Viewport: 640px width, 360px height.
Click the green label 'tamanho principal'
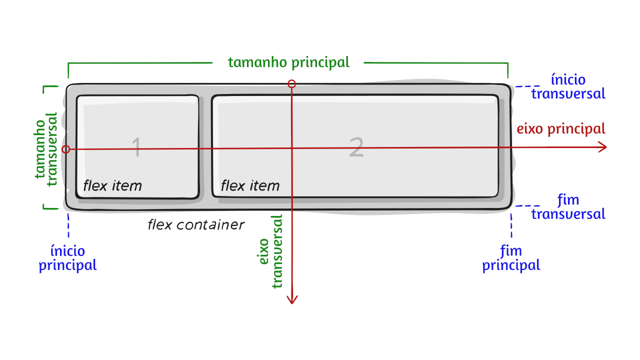tap(288, 62)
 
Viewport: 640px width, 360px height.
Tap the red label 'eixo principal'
tap(560, 129)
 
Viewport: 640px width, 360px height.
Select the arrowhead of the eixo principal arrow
tap(602, 147)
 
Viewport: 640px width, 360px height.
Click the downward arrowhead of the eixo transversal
tap(292, 298)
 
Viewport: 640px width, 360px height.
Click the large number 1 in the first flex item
tap(136, 147)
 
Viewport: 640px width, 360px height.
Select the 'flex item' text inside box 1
tap(112, 186)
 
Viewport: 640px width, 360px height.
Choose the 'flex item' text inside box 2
tap(250, 186)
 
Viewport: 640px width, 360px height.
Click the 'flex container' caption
tap(196, 225)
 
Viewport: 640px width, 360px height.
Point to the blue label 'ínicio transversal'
tap(568, 86)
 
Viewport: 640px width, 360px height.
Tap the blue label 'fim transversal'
tap(568, 207)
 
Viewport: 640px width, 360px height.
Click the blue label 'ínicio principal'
tap(68, 258)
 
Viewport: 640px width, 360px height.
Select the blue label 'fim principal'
tap(511, 258)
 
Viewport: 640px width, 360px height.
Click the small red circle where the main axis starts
tap(65, 149)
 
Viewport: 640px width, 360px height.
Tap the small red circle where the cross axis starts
tap(292, 84)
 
